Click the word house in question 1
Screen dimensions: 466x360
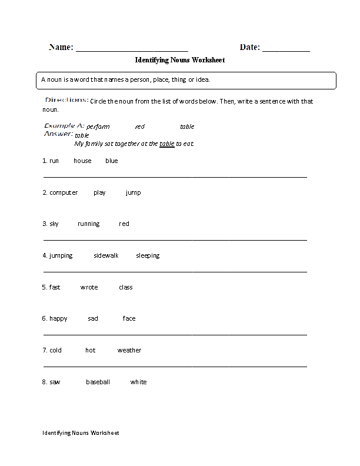click(x=82, y=161)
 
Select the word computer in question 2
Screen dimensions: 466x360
click(x=64, y=192)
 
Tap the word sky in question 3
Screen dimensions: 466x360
click(x=54, y=224)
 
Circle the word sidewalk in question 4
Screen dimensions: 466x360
click(x=106, y=256)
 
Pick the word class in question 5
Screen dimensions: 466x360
click(x=126, y=287)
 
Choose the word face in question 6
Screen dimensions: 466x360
click(x=129, y=319)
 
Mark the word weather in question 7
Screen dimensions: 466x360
click(x=129, y=351)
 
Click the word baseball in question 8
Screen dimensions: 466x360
click(x=98, y=382)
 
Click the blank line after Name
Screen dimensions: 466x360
click(x=132, y=48)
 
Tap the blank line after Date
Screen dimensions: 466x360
click(x=286, y=48)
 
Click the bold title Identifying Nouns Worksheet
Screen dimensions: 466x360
click(x=180, y=60)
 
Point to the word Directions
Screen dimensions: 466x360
click(x=66, y=101)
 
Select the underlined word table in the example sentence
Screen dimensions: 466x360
click(x=167, y=144)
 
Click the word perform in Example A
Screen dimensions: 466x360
click(x=98, y=127)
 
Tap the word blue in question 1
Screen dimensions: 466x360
click(x=112, y=161)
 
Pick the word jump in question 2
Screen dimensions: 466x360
click(x=134, y=192)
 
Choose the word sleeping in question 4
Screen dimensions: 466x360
click(x=148, y=256)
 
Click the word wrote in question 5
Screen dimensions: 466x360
click(x=89, y=287)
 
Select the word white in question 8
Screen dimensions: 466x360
click(x=139, y=382)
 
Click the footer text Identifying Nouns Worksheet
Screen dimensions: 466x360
click(x=81, y=433)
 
